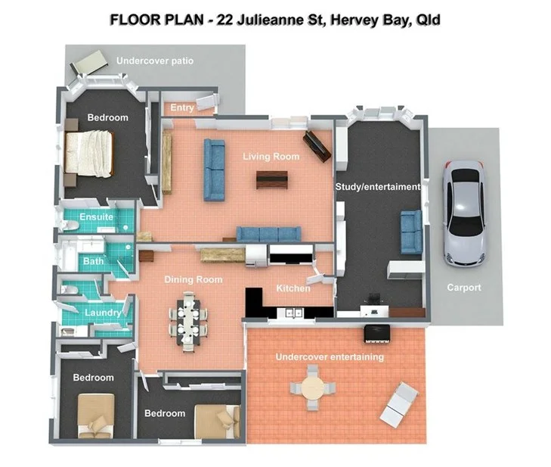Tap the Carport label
click(463, 288)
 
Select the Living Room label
click(271, 157)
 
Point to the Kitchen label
click(293, 288)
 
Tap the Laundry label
click(103, 313)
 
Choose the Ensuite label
click(97, 217)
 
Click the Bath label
click(94, 262)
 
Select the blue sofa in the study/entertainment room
click(411, 231)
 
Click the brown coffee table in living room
click(271, 179)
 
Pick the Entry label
click(182, 108)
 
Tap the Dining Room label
click(193, 280)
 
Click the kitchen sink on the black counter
click(292, 312)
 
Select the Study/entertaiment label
click(378, 187)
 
